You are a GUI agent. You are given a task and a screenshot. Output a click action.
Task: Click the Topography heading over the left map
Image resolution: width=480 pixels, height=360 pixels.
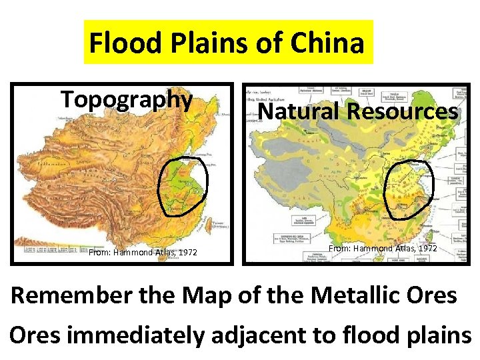[x=127, y=99]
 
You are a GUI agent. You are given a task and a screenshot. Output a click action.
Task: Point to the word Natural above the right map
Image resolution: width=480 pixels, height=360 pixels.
[x=299, y=111]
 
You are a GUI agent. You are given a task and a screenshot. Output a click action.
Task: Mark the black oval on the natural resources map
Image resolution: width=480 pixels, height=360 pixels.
[x=410, y=189]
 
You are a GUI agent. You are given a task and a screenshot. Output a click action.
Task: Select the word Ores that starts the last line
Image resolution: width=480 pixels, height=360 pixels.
[x=35, y=335]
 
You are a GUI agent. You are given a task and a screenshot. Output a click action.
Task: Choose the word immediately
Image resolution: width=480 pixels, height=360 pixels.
[x=136, y=335]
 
